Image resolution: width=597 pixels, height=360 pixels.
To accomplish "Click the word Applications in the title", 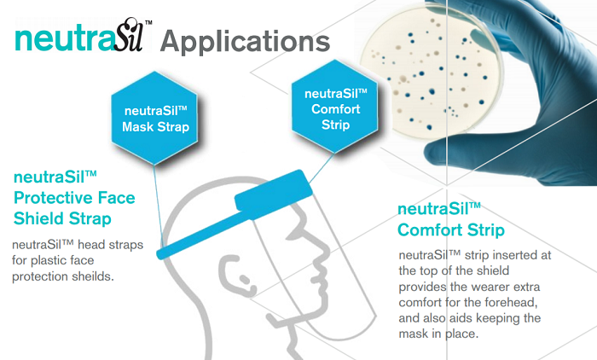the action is tap(245, 42).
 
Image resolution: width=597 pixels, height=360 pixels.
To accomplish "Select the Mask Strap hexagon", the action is tap(155, 118).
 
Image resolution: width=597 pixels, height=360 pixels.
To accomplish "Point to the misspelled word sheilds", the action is tap(94, 276).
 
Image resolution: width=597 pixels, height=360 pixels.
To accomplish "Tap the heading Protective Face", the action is tap(74, 198).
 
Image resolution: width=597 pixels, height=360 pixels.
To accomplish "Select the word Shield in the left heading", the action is tap(36, 218).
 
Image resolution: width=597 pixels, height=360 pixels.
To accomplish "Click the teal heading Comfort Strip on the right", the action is tap(451, 230).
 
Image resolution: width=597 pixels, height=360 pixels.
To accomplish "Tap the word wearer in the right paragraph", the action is tap(491, 287).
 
